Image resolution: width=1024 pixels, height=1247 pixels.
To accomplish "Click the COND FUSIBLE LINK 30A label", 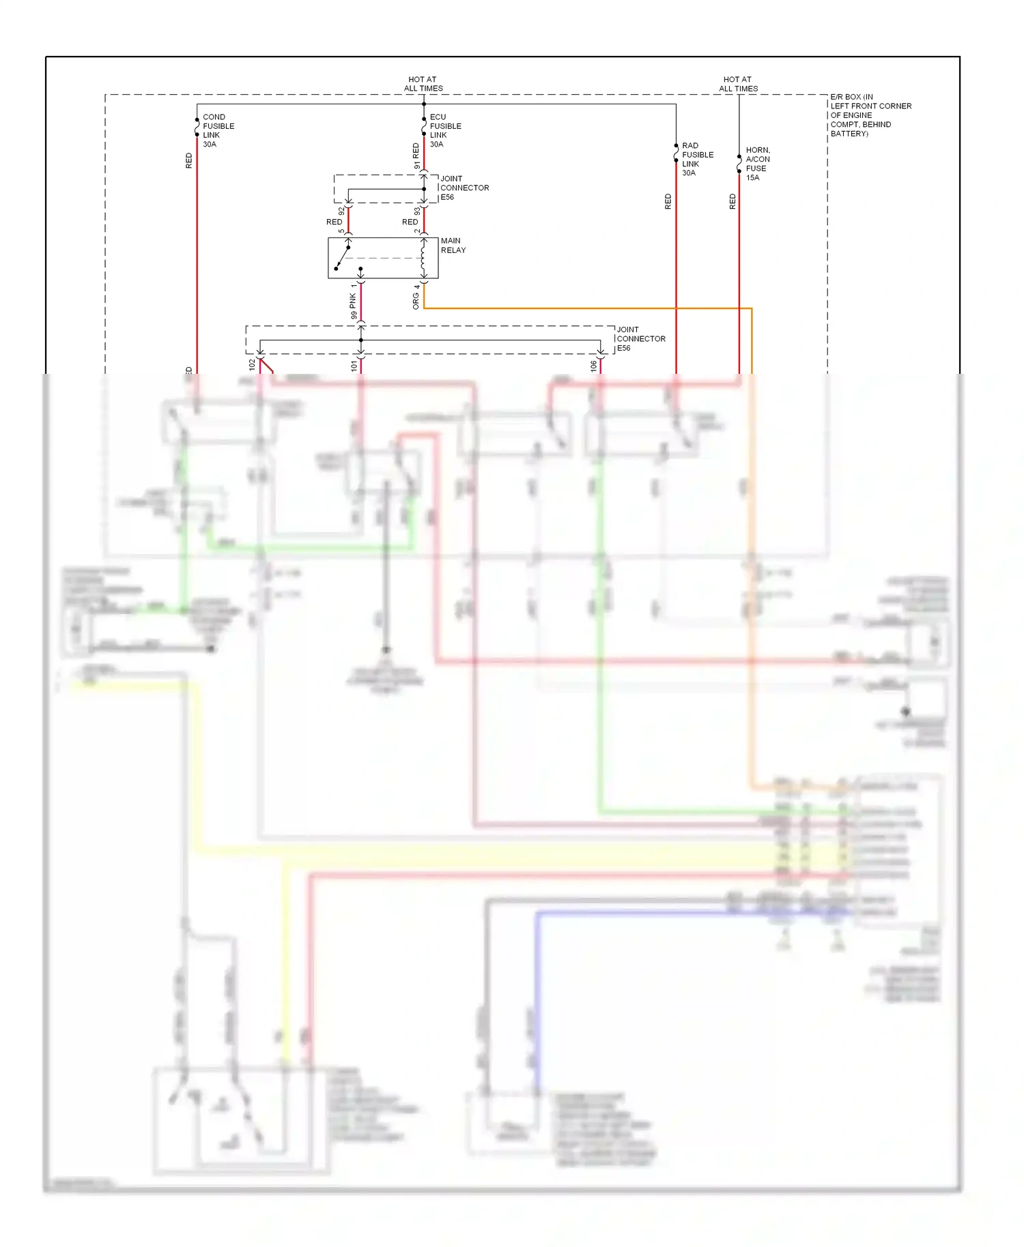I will point(218,130).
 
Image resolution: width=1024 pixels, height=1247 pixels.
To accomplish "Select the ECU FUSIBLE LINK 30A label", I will point(445,130).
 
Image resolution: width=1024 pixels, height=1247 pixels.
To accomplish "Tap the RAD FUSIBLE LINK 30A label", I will point(697,159).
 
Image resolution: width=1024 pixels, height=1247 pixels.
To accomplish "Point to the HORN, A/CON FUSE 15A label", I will point(757,164).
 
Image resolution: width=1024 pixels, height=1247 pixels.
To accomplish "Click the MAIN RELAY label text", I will point(453,246).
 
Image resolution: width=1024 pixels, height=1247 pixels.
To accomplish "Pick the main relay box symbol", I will point(382,258).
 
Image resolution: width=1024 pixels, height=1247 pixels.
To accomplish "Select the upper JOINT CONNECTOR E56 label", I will point(464,188).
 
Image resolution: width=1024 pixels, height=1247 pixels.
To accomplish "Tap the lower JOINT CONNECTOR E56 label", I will point(640,338).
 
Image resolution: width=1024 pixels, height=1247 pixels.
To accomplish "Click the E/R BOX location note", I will point(870,115).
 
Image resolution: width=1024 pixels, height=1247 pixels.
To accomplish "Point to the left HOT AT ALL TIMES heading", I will point(423,84).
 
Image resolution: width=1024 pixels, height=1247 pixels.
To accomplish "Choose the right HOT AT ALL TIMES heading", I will point(738,84).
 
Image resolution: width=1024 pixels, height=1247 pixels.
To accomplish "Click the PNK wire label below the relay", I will point(353,300).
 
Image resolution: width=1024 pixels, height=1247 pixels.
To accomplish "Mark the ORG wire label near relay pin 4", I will point(416,302).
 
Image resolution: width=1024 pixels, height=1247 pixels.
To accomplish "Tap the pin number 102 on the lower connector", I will point(252,365).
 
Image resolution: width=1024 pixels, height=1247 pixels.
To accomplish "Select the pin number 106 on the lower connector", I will point(593,366).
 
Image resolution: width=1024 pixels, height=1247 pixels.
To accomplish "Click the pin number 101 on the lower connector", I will point(354,366).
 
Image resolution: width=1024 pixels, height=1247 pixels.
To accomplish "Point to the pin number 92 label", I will point(341,211).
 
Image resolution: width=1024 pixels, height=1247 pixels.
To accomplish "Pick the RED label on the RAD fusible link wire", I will point(668,201).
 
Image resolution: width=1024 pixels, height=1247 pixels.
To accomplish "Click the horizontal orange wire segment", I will point(587,308).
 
